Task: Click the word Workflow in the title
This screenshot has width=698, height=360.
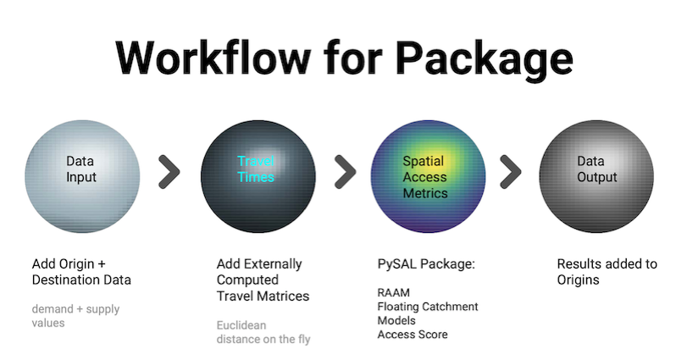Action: coord(213,58)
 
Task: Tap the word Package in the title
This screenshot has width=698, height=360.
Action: coord(485,61)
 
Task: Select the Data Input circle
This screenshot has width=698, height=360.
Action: coord(82,176)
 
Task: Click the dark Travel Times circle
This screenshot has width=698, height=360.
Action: coord(258,176)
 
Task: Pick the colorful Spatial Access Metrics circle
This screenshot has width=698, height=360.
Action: coord(429,176)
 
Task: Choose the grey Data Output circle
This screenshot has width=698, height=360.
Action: coord(596,176)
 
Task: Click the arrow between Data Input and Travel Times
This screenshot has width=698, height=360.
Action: coord(170,172)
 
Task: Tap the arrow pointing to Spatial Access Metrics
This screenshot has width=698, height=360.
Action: coord(346,172)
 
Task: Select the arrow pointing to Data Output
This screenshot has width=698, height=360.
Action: coord(511,172)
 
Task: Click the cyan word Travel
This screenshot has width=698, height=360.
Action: coord(256,161)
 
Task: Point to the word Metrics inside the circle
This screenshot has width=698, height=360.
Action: coord(425,193)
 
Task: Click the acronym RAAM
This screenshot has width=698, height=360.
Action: coord(394,293)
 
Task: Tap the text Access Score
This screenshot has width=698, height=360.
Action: coord(413,335)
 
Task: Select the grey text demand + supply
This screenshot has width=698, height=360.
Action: coord(75,309)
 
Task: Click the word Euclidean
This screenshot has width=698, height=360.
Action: coord(241,325)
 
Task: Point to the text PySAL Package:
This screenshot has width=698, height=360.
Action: coord(426,264)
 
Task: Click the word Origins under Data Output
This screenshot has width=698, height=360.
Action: coord(578,280)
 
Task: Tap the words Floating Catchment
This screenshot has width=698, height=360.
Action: coord(428,307)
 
